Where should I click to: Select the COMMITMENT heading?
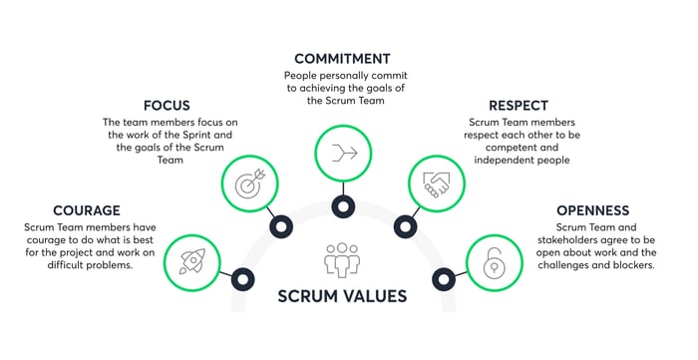(343, 58)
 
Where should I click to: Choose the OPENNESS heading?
(593, 210)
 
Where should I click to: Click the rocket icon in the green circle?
(192, 261)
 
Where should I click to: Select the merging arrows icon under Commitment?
(343, 153)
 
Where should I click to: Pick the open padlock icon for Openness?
(494, 261)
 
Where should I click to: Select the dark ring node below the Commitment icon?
(343, 207)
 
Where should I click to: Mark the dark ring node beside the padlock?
(443, 278)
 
